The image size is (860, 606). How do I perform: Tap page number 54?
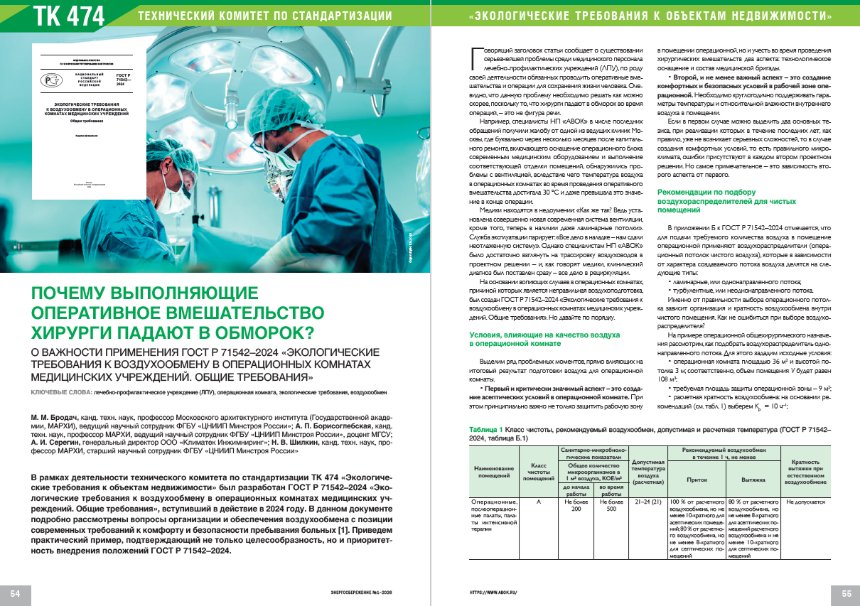click(x=15, y=593)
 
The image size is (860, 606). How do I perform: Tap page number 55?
click(x=846, y=593)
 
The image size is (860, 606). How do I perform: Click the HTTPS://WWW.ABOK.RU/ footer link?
click(x=493, y=593)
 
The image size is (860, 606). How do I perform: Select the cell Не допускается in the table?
click(x=805, y=502)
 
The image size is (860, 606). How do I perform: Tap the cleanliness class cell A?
click(x=538, y=502)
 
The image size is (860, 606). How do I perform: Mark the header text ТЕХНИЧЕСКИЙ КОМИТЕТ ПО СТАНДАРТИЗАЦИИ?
click(x=264, y=15)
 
